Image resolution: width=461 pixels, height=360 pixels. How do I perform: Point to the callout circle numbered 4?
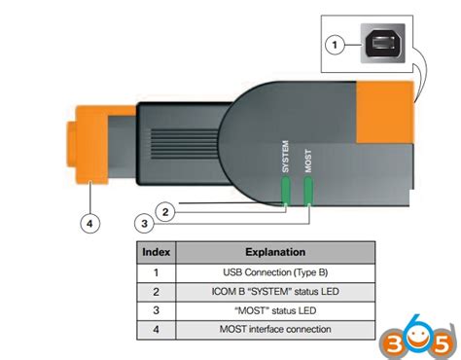89,223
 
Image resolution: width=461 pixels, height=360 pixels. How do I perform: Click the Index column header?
156,252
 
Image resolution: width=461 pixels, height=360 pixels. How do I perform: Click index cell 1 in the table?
156,271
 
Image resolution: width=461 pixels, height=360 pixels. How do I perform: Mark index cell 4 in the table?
156,330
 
